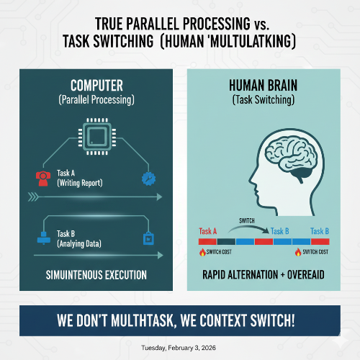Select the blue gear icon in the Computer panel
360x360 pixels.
coord(150,177)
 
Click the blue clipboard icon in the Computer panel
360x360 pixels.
coord(150,238)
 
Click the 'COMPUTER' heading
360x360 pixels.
coord(96,84)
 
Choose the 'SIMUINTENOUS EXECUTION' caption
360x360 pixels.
coord(97,275)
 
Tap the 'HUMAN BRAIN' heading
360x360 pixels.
coord(263,84)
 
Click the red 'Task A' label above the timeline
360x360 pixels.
coord(208,231)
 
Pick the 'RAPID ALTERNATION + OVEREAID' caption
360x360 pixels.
coord(263,275)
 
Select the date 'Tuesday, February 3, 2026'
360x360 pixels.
coord(180,347)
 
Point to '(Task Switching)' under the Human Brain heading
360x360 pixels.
coord(263,101)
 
